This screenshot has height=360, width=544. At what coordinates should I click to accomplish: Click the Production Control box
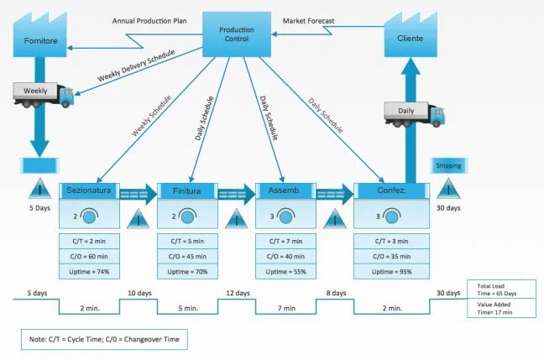coord(237,34)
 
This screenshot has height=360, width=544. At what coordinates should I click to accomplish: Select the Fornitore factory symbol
coord(40,34)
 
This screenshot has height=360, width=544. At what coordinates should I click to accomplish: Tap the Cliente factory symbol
coord(411,34)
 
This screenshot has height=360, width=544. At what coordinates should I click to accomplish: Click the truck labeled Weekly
coord(44,95)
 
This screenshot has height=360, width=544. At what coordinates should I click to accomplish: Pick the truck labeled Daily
coord(414,114)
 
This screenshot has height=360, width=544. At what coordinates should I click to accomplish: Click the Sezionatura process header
coord(89,190)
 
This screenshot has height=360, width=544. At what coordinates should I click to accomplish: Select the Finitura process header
coord(187,190)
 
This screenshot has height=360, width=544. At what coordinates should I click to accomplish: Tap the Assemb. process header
coord(285,190)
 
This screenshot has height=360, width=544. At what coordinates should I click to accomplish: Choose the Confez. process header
coord(391,190)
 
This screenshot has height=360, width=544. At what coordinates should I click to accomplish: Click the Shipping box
coord(448,165)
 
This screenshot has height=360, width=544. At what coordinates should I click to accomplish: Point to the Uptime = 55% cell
coord(286,272)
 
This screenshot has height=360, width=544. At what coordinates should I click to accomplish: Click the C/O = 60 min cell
coord(89,256)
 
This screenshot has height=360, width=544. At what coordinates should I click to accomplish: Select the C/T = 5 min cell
coord(187,241)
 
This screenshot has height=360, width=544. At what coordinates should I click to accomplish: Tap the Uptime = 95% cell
coord(391,272)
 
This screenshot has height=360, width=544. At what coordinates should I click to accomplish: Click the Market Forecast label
coord(308,21)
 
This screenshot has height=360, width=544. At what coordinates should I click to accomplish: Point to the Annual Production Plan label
coord(149,21)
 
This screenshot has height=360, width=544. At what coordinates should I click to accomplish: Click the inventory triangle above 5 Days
coord(40,190)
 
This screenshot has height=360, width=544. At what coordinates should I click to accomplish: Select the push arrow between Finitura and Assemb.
coord(237,194)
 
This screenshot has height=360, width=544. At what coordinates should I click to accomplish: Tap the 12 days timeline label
coord(238,293)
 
